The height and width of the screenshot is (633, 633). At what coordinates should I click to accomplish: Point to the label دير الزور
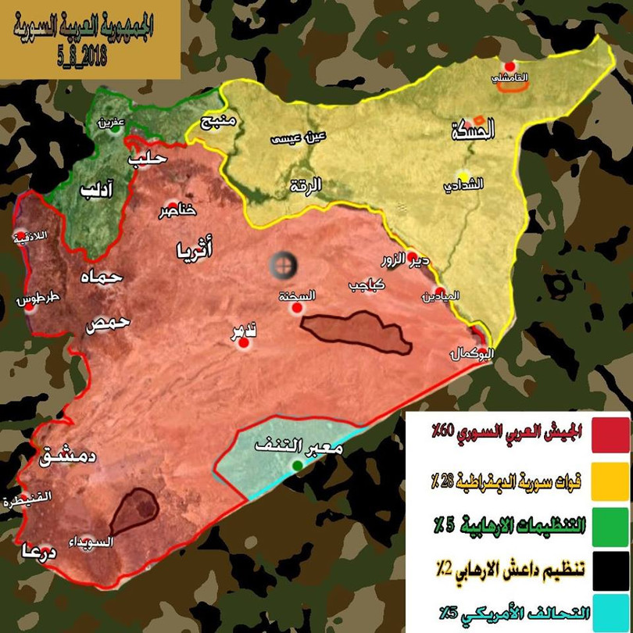click(x=406, y=259)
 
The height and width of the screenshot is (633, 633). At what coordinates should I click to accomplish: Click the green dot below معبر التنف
click(x=297, y=467)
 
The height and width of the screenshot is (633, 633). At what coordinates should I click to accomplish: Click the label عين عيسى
click(x=297, y=138)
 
